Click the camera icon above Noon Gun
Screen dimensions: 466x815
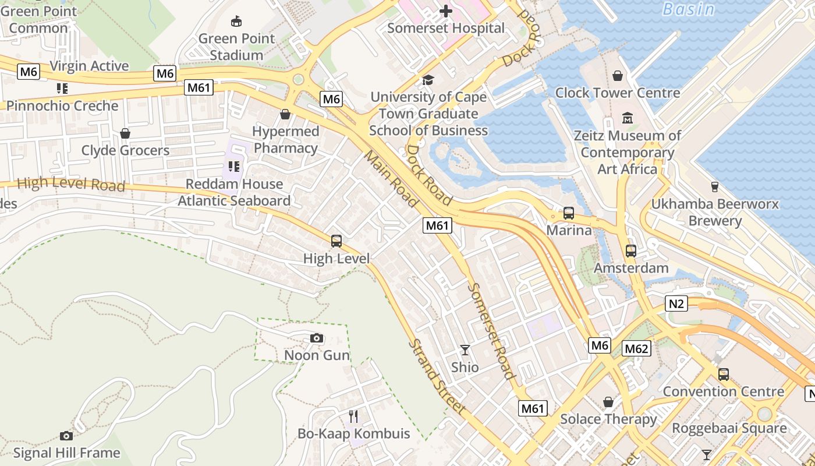tap(317, 338)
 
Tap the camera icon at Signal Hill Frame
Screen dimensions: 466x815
tap(66, 436)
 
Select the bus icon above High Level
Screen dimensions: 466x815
tap(336, 241)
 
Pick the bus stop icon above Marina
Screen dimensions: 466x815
tap(569, 213)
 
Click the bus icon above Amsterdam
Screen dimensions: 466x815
tap(631, 251)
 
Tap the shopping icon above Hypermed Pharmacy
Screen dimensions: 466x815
tap(285, 114)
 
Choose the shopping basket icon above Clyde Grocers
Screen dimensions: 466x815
tap(125, 133)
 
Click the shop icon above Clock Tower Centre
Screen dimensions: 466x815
tap(618, 76)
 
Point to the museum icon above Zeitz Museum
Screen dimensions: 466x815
tap(627, 118)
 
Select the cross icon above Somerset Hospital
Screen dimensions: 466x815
tap(446, 11)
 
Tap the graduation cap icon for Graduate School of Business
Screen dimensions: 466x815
tap(428, 80)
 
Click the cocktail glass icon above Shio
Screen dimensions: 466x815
tap(465, 349)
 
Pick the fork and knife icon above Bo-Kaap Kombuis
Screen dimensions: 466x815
tap(353, 416)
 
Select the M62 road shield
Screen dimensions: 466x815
tap(636, 348)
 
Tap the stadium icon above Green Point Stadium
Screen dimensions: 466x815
tap(236, 22)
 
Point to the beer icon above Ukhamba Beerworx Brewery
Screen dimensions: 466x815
tap(714, 187)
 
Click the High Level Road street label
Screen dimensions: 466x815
tap(71, 185)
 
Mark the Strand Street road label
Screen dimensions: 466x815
tap(436, 376)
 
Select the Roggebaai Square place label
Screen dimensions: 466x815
tap(729, 428)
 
